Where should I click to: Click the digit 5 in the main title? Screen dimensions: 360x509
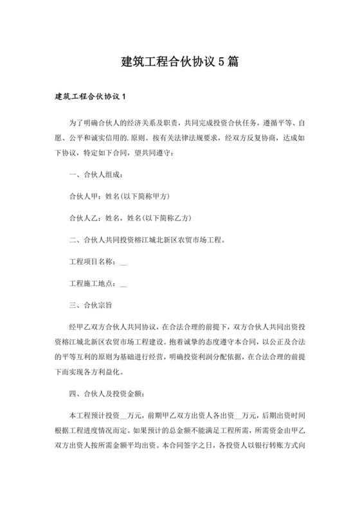pos(221,62)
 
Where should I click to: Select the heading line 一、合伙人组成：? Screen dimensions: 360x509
pos(95,175)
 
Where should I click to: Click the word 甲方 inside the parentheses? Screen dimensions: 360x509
pos(160,195)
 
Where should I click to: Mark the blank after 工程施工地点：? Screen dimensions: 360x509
pos(123,283)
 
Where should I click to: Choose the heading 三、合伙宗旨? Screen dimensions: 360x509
pos(92,305)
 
